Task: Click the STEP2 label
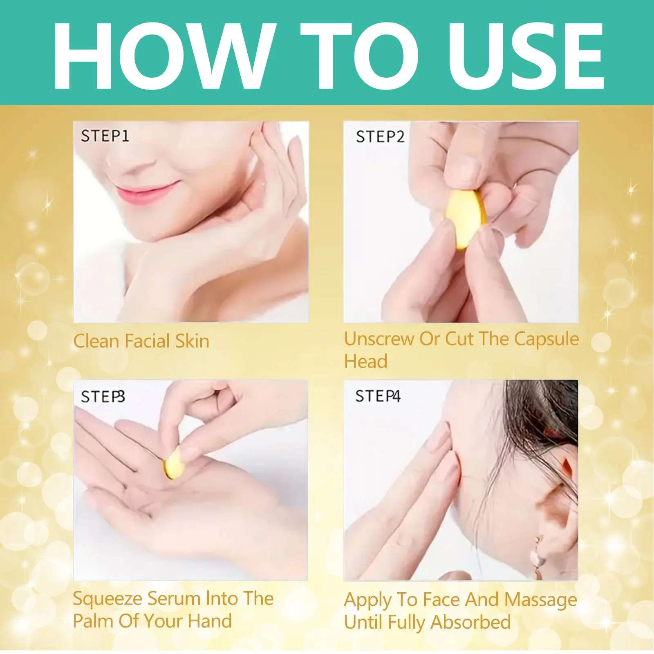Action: pyautogui.click(x=380, y=137)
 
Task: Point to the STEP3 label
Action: pyautogui.click(x=103, y=396)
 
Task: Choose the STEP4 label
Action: pyautogui.click(x=378, y=396)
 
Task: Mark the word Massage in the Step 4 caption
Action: pyautogui.click(x=541, y=600)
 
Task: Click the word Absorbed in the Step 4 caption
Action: pyautogui.click(x=471, y=622)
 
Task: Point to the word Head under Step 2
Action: pyautogui.click(x=366, y=361)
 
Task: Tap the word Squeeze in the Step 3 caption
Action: pyautogui.click(x=108, y=600)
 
